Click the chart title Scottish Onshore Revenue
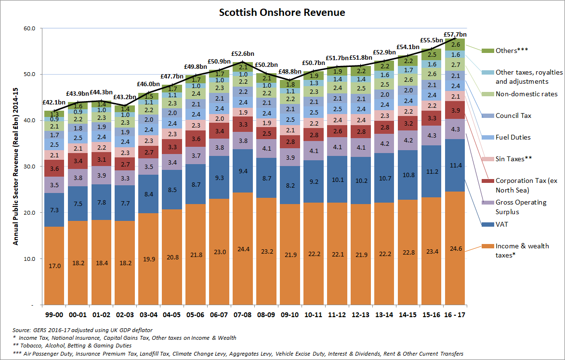[x=282, y=13]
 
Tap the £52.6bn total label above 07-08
[x=242, y=54]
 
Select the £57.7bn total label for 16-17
[x=455, y=35]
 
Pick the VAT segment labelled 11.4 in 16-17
[x=454, y=165]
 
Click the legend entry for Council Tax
[x=513, y=116]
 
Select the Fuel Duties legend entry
[x=513, y=137]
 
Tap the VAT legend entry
[x=502, y=224]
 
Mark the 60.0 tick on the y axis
[x=30, y=28]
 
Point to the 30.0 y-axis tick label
[x=30, y=167]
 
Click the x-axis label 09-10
[x=289, y=314]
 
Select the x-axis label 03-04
[x=148, y=314]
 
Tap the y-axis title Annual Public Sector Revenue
[x=15, y=166]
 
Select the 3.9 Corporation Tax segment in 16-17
[x=454, y=110]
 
